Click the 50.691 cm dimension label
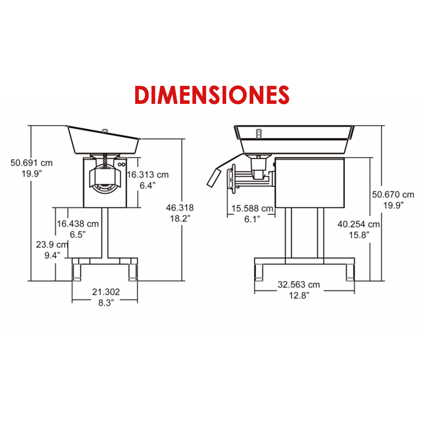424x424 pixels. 31,163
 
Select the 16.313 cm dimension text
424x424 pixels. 148,175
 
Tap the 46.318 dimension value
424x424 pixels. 180,208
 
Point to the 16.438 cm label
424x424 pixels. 78,224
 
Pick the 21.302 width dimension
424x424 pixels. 106,292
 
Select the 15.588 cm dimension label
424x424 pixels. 252,208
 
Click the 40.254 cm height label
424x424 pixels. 358,224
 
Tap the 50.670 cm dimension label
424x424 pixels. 393,194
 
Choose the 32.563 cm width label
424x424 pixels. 299,284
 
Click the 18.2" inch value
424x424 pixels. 180,218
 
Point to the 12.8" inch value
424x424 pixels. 299,295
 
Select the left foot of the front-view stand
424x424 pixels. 76,272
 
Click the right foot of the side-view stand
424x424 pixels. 350,272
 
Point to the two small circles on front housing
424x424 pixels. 122,164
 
